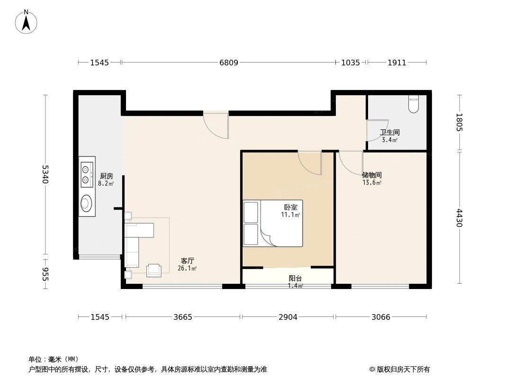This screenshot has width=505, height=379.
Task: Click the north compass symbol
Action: (27, 22)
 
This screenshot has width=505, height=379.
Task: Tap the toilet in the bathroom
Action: (414, 104)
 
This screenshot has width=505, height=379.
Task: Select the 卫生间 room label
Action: (389, 133)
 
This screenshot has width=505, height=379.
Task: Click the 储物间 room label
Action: (372, 175)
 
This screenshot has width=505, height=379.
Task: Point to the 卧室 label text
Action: (290, 207)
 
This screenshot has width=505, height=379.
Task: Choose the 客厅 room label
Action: (187, 261)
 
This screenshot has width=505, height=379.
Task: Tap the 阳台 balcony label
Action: (295, 279)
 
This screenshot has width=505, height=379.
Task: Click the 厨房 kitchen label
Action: (106, 176)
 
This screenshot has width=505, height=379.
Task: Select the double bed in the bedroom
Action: (273, 223)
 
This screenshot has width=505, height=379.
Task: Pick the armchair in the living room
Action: (154, 270)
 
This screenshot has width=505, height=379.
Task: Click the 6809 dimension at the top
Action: (228, 63)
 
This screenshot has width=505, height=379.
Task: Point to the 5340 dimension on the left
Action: (45, 174)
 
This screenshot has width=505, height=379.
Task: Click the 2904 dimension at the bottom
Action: (288, 317)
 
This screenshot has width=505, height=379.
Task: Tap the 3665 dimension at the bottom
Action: (182, 317)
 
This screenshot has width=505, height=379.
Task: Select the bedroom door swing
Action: (310, 163)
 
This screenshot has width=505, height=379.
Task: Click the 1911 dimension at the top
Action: (397, 63)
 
